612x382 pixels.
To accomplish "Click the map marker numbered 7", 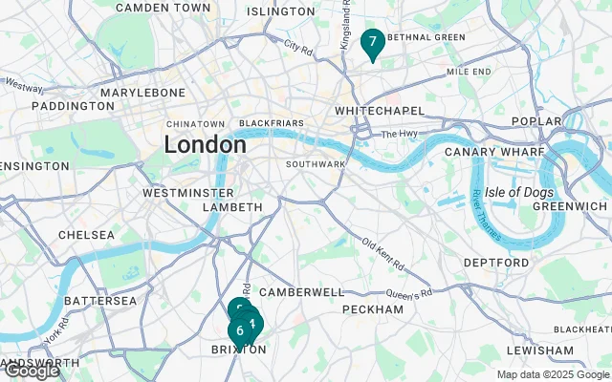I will [x=372, y=43].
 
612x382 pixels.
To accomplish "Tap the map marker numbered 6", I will [x=239, y=330].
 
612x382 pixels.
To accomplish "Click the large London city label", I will [x=206, y=145].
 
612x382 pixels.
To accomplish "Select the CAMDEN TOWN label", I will [x=163, y=8].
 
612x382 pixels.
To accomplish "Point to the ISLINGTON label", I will [x=280, y=11].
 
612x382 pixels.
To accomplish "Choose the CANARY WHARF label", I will [x=493, y=152].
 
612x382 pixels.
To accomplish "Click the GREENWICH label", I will [x=570, y=206].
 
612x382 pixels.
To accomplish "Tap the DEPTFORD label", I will [x=496, y=263].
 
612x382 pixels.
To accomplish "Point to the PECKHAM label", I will [x=372, y=309].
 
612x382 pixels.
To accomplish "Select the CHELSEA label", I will [x=86, y=235].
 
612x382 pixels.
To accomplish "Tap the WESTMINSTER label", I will [x=187, y=193].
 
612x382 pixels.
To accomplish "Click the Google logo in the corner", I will [x=31, y=371].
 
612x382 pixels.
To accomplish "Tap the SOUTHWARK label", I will [x=315, y=164].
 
